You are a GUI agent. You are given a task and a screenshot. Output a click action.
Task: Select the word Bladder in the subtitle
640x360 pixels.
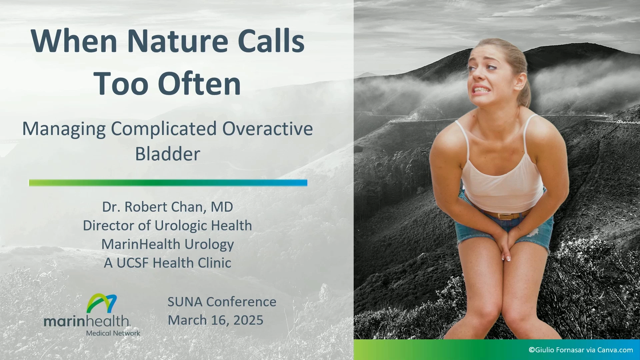click(168, 154)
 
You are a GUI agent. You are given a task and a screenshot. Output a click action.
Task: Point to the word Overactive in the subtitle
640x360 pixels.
click(268, 129)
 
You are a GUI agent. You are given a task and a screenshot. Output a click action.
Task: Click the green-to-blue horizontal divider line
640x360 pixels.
click(168, 183)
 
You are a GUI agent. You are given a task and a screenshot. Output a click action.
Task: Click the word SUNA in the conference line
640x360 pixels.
click(185, 302)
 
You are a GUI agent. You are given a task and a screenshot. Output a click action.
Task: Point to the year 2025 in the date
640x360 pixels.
click(248, 320)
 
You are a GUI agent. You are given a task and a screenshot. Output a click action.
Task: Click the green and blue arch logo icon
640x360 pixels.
click(102, 303)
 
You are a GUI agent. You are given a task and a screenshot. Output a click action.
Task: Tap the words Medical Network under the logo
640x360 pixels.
click(113, 333)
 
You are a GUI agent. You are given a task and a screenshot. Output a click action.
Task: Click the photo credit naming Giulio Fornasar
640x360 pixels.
click(581, 350)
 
